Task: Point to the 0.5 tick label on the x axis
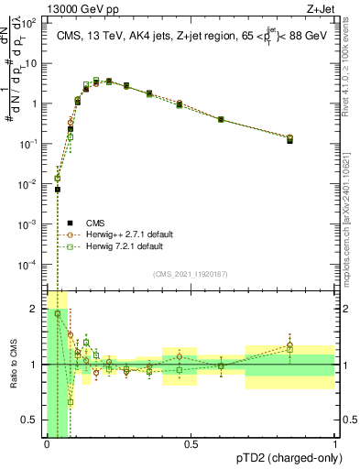point(191,444)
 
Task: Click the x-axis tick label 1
point(335,444)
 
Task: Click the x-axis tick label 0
point(46,444)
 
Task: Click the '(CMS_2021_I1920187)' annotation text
point(190,273)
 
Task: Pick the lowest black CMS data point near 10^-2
point(58,190)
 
